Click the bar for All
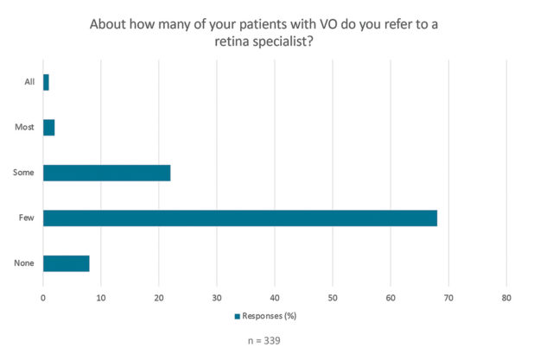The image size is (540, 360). pos(46,82)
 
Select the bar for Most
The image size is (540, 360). pos(48,127)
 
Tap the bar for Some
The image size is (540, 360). pos(106,173)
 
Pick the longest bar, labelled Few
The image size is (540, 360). pos(240,218)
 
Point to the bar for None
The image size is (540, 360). pos(66,263)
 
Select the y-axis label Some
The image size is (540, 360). pos(24,173)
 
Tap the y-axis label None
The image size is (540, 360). pos(24,263)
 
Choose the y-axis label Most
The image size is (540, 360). pos(24,127)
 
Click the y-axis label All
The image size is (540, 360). pos(29,82)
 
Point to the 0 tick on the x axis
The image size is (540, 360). pos(43,298)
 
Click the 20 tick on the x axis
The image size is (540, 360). pos(159,298)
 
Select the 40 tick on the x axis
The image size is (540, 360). pos(275,298)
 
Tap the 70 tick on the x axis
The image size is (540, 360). pos(448,298)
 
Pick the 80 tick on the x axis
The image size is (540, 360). pos(506,298)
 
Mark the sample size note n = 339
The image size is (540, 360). pos(264,340)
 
